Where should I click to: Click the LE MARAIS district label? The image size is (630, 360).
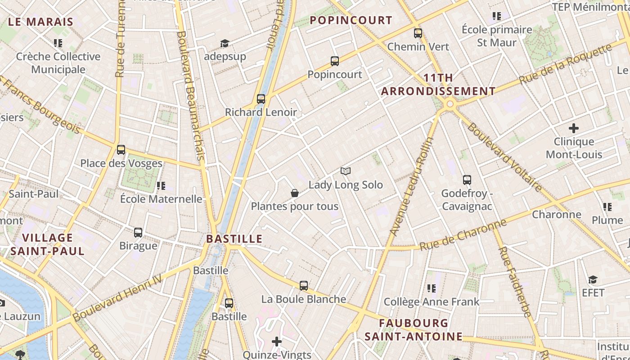[40, 22]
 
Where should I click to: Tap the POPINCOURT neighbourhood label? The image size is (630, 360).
[351, 20]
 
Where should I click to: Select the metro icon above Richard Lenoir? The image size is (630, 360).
[261, 99]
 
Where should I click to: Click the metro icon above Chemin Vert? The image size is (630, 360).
[418, 33]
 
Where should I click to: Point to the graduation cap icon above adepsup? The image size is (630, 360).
[225, 43]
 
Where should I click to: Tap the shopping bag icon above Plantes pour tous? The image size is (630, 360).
[295, 193]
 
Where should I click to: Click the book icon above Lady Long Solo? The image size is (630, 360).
[346, 171]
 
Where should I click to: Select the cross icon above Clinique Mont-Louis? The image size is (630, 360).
[574, 128]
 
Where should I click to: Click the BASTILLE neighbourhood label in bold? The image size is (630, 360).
[234, 238]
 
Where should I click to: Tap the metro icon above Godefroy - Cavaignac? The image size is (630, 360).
[467, 180]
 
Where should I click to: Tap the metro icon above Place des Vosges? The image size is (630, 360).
[121, 150]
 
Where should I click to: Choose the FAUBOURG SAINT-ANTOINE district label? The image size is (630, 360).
[414, 329]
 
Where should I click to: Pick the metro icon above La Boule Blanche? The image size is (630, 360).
[304, 285]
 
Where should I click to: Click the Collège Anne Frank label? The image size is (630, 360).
[432, 301]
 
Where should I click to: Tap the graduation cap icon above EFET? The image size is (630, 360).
[593, 279]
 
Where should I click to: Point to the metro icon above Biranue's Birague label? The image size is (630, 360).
[138, 233]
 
